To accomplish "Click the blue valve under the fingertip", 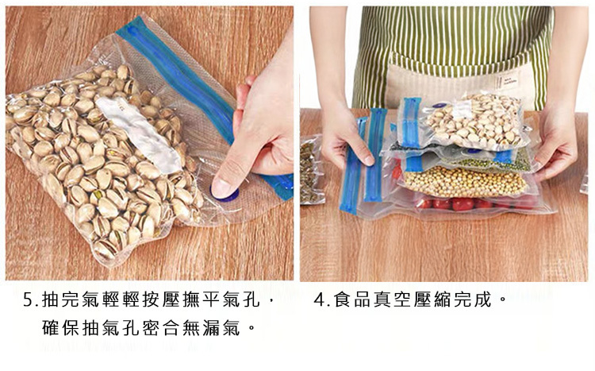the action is click(225, 195).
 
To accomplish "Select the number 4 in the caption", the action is click(319, 300).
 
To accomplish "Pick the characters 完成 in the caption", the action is click(473, 300).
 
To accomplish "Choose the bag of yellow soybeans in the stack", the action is click(465, 181).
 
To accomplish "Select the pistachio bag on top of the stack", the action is click(463, 121).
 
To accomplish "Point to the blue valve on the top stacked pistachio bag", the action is click(439, 105).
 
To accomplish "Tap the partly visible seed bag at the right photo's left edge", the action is click(312, 169).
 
